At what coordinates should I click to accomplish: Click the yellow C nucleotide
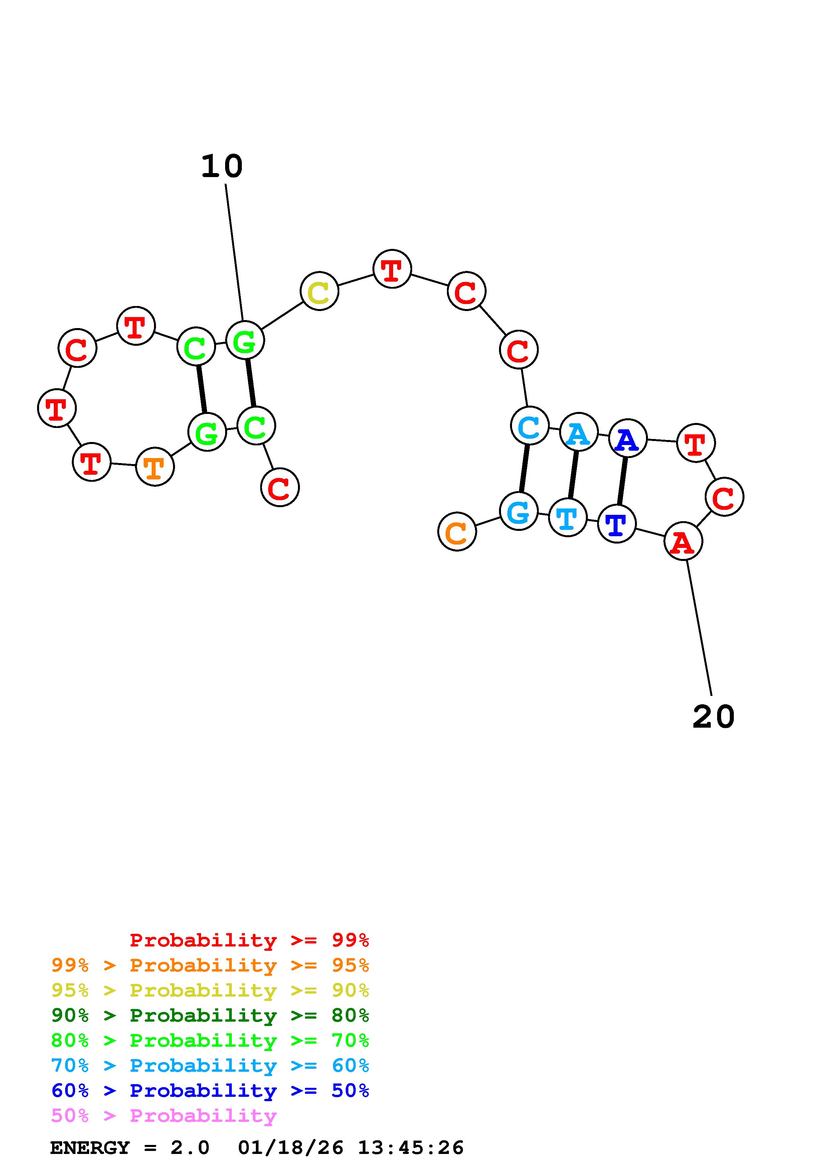(x=319, y=291)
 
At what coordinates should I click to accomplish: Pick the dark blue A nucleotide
(x=628, y=438)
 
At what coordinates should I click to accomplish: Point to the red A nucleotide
(x=683, y=541)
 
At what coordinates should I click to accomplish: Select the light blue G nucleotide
(x=518, y=511)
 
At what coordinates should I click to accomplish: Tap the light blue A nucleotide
(x=578, y=432)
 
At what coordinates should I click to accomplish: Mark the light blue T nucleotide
(x=567, y=518)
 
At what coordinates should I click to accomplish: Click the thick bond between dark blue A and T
(x=622, y=481)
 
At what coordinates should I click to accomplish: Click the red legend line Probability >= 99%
(x=250, y=940)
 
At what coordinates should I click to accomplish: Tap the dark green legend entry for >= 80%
(x=210, y=1015)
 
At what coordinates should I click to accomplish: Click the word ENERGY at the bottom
(x=90, y=1148)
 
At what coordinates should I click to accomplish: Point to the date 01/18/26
(x=291, y=1148)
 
